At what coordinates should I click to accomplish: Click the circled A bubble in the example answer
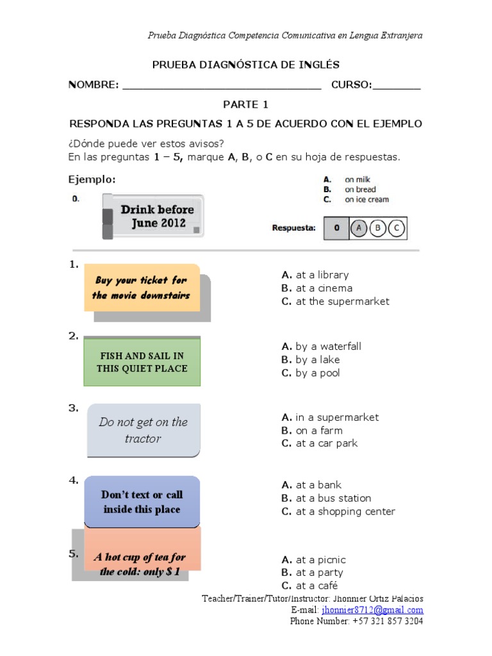point(360,227)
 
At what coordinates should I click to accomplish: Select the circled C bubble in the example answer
point(397,227)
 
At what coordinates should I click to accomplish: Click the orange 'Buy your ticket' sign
point(142,288)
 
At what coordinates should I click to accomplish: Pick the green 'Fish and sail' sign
point(142,362)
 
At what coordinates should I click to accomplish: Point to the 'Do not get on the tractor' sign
point(143,430)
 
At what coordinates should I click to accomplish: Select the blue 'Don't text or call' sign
point(142,502)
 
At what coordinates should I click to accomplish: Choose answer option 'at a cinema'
point(317,288)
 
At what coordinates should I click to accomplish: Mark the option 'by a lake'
point(311,359)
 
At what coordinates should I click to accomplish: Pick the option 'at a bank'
point(311,485)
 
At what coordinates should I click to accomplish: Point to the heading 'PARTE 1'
point(245,104)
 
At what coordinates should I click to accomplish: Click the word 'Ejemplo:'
point(92,180)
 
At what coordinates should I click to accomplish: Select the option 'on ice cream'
point(366,199)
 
